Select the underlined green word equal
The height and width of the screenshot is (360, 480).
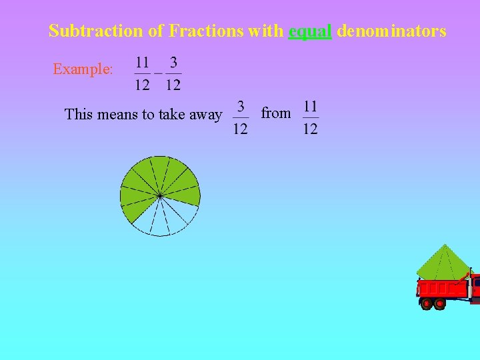tap(310, 31)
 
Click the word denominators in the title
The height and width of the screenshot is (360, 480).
tap(391, 31)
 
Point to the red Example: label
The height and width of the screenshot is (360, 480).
tap(83, 69)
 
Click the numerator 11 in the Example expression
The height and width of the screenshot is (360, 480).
tap(143, 63)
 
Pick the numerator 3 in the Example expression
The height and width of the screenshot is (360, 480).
tap(173, 63)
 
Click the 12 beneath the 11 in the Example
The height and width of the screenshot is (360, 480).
tap(143, 85)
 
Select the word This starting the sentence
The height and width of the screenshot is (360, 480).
tap(79, 115)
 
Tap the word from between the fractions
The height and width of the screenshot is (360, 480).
tap(276, 113)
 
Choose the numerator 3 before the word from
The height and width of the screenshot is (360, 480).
tap(241, 106)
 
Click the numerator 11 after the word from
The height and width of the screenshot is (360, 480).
tap(311, 106)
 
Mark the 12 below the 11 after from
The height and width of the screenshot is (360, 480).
tap(311, 128)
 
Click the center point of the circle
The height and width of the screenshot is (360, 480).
tap(160, 195)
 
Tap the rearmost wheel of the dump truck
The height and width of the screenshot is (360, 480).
tap(427, 304)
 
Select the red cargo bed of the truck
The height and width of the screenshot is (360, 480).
tap(443, 289)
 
